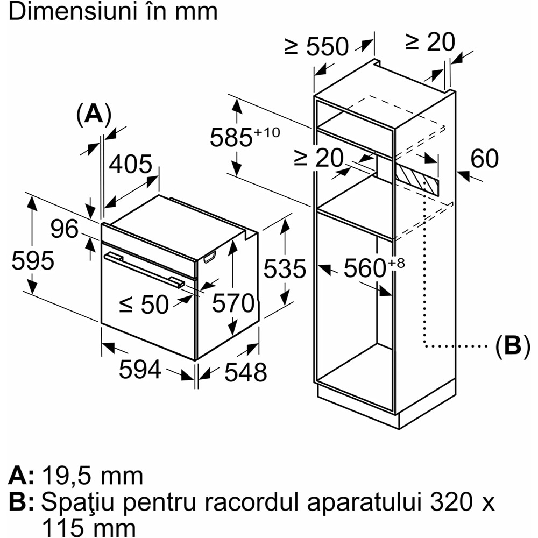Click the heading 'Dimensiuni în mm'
(x=113, y=12)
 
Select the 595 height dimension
(x=33, y=261)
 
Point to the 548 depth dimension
(x=245, y=372)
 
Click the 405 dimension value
(x=131, y=165)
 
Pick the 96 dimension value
(x=65, y=230)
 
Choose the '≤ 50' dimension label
(x=144, y=305)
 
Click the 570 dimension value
(x=232, y=304)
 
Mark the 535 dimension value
(x=284, y=268)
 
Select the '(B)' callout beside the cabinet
(x=508, y=345)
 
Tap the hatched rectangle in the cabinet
(x=417, y=181)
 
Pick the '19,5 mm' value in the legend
(x=91, y=476)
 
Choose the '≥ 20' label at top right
(x=430, y=42)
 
